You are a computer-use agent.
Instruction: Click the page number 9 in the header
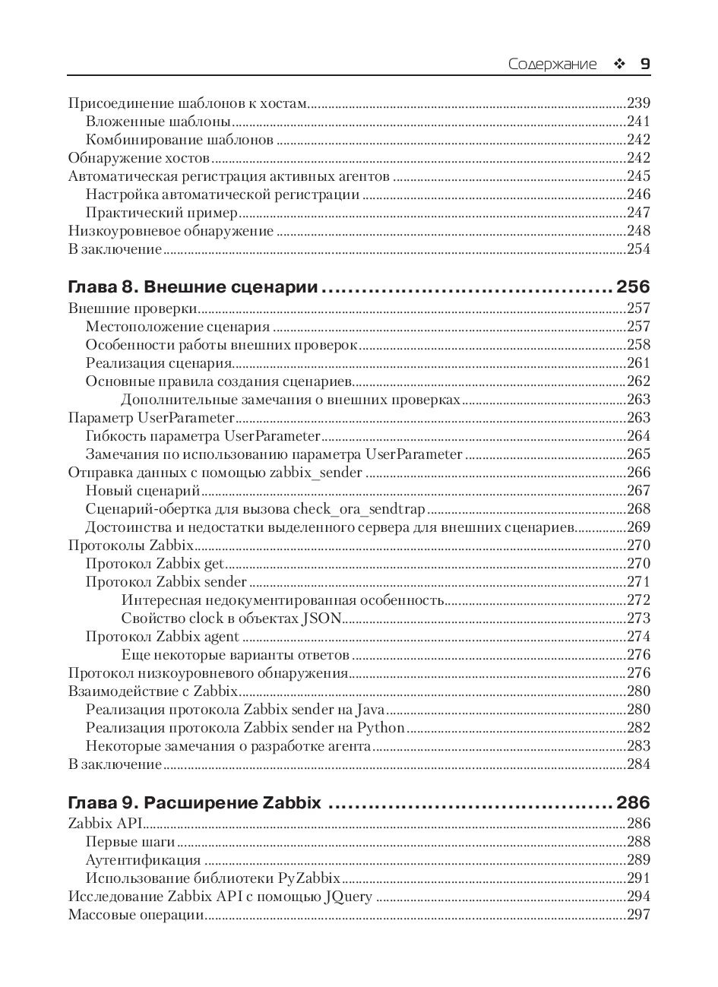644,64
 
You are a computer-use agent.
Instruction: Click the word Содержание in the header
552,65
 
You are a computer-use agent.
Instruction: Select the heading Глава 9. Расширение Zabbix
195,802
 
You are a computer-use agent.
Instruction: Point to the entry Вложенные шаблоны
158,122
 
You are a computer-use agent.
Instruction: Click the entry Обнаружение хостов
138,158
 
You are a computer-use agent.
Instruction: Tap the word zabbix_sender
316,473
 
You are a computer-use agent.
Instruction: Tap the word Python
381,728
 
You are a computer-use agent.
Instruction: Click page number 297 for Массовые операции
638,915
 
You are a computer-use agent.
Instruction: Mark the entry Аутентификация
143,860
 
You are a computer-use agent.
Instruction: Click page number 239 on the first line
638,103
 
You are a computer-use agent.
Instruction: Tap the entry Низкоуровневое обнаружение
170,231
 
